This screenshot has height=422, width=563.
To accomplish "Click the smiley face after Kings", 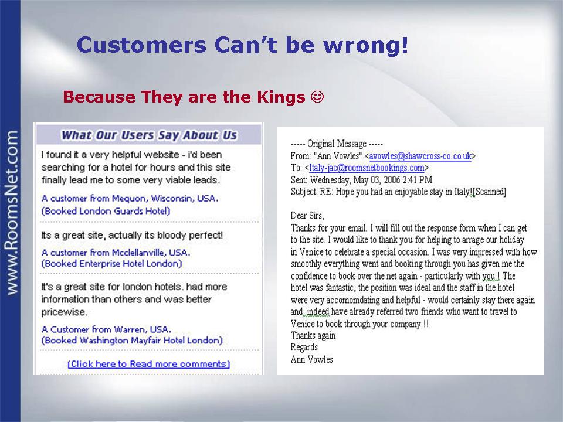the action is click(317, 97).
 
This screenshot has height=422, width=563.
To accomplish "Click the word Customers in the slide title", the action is click(141, 45).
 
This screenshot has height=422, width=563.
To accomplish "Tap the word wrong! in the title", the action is click(365, 46).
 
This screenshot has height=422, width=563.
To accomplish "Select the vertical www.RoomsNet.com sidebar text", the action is click(11, 213).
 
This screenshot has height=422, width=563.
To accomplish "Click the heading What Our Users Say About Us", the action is click(149, 135).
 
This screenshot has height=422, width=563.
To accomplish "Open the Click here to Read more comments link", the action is click(148, 364).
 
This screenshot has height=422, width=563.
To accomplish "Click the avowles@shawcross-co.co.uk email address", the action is click(420, 156).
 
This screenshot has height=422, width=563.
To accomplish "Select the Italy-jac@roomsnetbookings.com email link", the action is click(367, 168).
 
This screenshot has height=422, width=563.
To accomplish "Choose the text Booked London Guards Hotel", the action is click(106, 211).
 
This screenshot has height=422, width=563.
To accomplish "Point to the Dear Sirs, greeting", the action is click(307, 216).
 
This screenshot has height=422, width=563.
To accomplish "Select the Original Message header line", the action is click(337, 144).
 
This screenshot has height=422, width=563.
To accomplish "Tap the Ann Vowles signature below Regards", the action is click(311, 359).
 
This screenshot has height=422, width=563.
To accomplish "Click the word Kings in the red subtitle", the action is click(281, 97).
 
